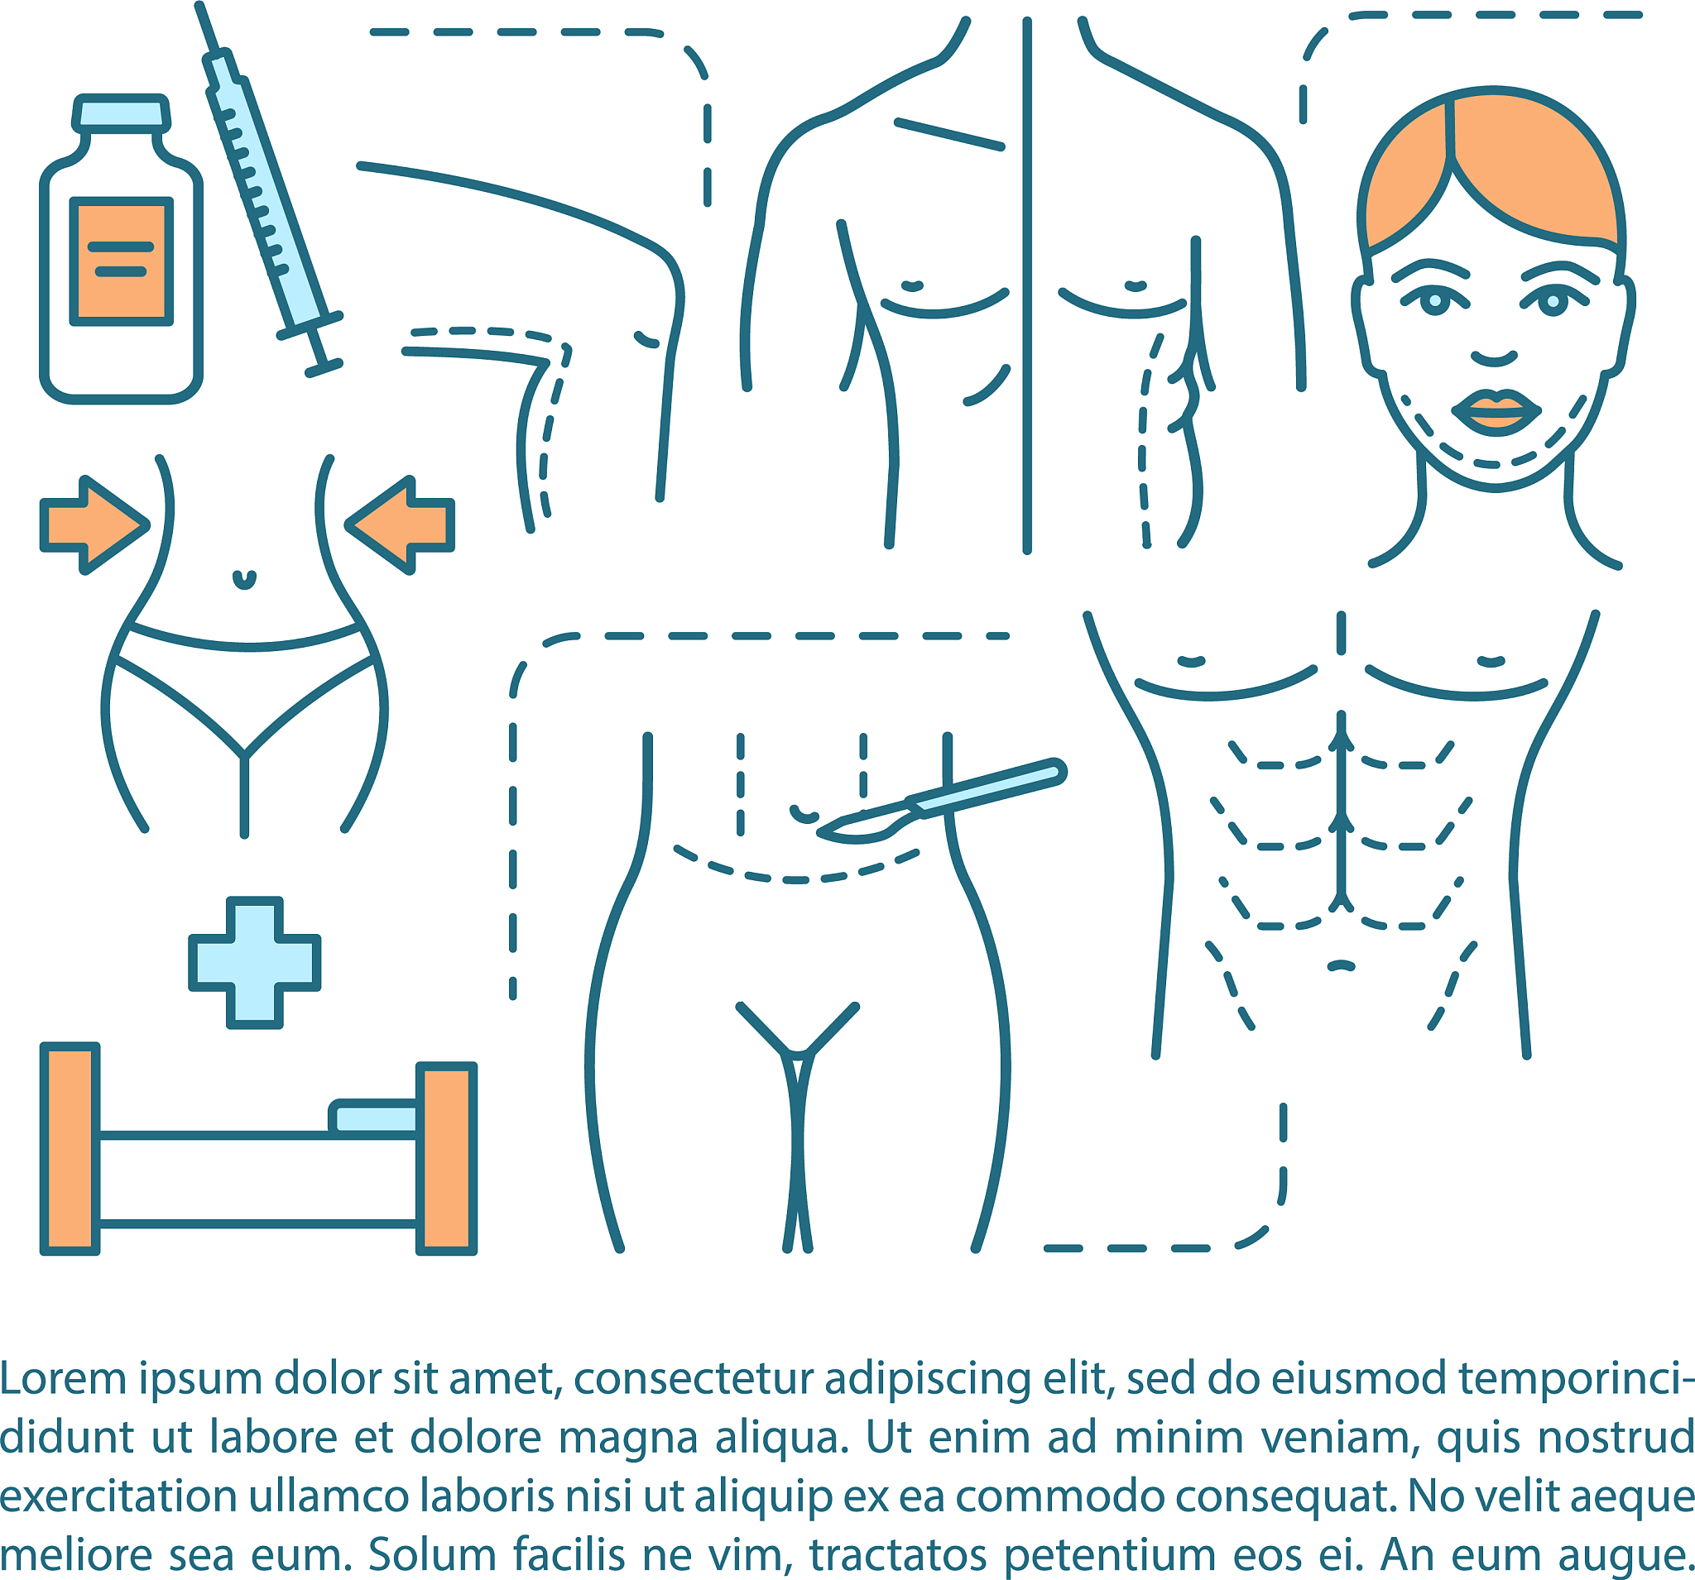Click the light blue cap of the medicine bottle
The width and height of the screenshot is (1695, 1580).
121,113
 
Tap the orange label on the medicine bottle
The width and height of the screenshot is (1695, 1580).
121,261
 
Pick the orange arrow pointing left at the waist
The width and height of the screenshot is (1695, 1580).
400,525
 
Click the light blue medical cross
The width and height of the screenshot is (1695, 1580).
254,962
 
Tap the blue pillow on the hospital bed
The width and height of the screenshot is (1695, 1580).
374,1118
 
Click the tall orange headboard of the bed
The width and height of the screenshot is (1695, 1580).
70,1149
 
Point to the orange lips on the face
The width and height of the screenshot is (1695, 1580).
1496,411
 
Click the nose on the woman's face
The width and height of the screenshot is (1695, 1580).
1494,357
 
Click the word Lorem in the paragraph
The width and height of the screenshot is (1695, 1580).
63,1378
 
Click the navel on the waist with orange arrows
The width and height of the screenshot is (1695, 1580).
245,580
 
